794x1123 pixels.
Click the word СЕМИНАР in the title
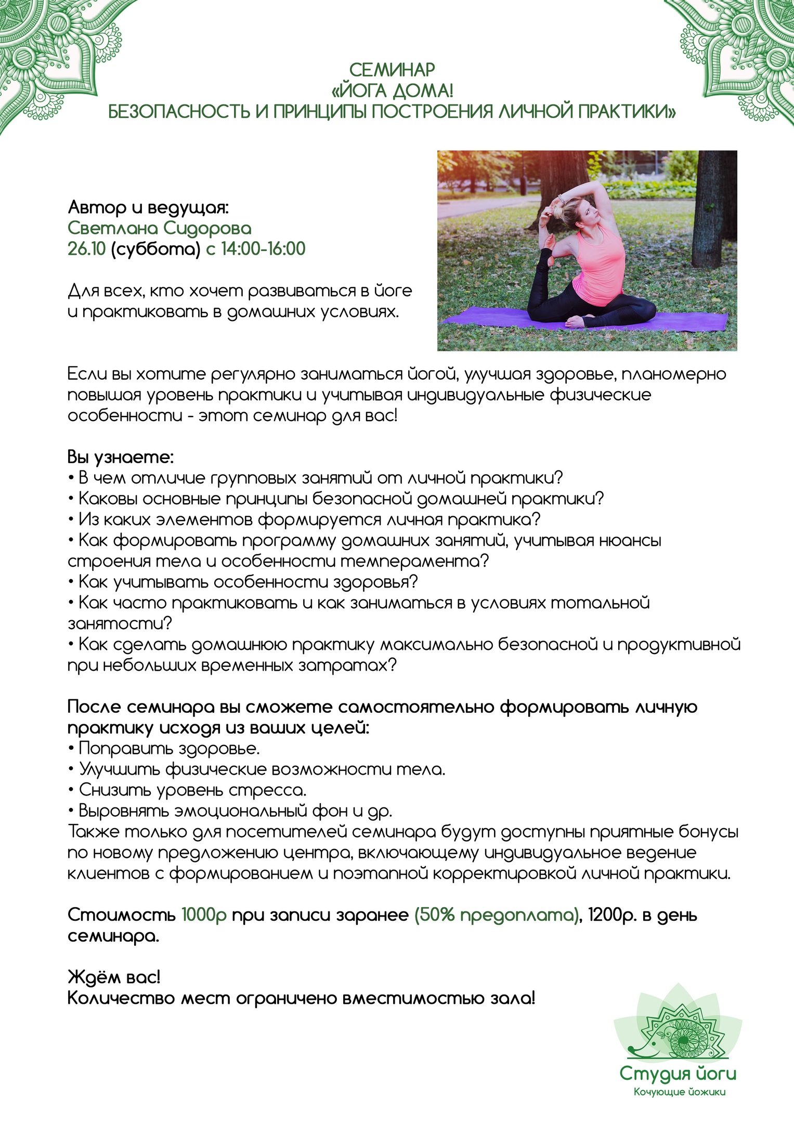(392, 70)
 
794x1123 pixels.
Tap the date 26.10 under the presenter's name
(86, 249)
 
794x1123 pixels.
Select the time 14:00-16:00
(263, 249)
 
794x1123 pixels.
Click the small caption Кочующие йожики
(679, 1092)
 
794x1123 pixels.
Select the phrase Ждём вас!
(114, 978)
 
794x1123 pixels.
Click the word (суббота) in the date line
(155, 250)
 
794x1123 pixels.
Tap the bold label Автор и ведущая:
(148, 207)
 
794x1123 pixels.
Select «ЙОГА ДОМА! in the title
(392, 91)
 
